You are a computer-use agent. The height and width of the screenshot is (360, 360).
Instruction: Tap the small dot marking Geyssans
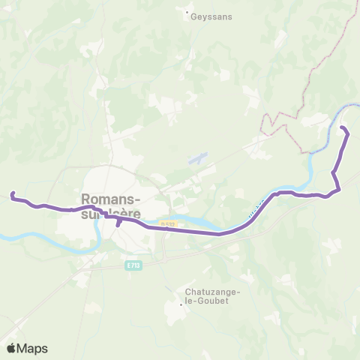tap(187, 12)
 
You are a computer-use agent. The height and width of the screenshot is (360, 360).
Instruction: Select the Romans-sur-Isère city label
tap(110, 206)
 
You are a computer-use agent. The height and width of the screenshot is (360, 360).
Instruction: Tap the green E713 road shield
tap(132, 266)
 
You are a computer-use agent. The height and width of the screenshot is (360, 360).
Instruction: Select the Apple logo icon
tap(11, 348)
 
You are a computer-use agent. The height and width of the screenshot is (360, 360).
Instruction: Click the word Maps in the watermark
tap(32, 348)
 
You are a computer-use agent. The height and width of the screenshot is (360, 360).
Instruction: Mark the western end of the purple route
tap(12, 195)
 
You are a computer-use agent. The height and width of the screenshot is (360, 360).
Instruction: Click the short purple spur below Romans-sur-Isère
tap(118, 223)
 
